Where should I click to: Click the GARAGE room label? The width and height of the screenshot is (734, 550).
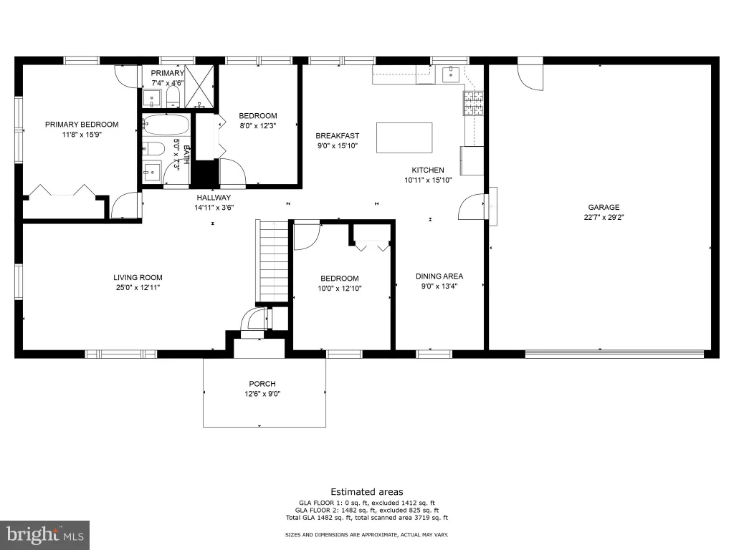(604, 207)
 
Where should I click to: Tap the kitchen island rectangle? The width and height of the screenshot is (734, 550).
(404, 137)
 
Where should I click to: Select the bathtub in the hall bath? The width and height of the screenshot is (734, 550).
(166, 125)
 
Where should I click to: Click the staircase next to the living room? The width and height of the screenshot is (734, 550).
(274, 261)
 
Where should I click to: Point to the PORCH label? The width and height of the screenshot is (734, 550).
(262, 384)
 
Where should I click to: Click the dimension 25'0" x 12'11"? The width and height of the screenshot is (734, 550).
(138, 288)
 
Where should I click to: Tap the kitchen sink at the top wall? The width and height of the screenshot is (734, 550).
(450, 74)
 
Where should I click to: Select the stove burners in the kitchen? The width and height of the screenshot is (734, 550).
(473, 103)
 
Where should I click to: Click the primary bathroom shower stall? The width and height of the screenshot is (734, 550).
(200, 87)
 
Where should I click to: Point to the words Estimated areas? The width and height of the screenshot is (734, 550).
(367, 491)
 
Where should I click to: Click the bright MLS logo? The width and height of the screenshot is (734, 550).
(45, 534)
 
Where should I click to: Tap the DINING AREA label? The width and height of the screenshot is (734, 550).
(439, 276)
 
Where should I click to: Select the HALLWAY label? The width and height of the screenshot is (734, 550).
(214, 198)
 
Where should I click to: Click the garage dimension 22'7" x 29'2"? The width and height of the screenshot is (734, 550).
(604, 217)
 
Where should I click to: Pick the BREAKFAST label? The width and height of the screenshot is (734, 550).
(337, 135)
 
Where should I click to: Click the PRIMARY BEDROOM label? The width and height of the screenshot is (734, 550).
(82, 125)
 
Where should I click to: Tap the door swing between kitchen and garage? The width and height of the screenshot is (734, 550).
(471, 206)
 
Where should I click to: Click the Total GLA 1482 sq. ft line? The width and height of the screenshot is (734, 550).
(367, 518)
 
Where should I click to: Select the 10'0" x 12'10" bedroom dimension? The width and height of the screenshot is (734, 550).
(339, 289)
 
